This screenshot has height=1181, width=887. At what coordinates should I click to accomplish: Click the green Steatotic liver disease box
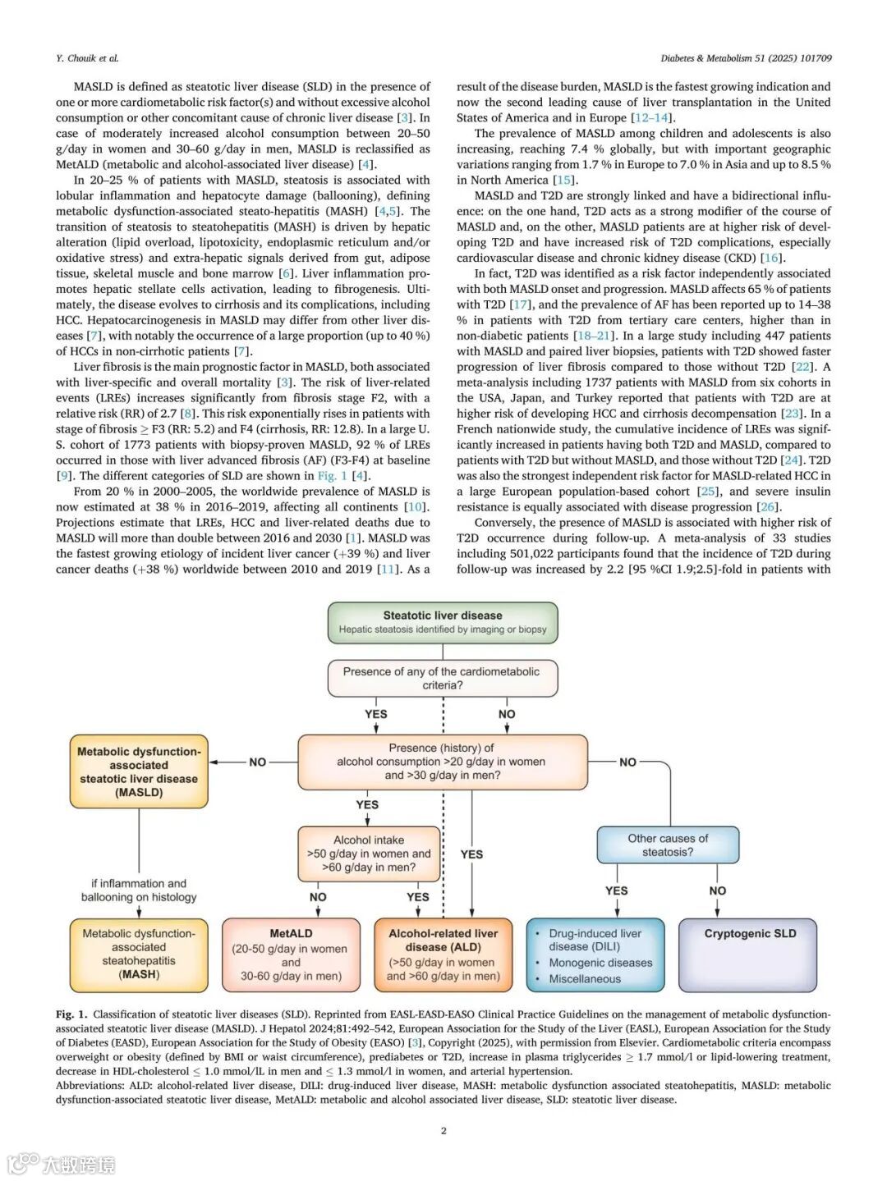click(x=443, y=622)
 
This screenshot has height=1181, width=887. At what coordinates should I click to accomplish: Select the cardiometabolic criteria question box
click(x=443, y=678)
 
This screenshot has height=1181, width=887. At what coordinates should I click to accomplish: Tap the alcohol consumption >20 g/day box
click(x=443, y=762)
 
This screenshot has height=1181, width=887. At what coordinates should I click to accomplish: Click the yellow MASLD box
click(x=139, y=771)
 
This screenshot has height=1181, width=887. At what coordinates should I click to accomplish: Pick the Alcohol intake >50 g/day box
click(x=369, y=854)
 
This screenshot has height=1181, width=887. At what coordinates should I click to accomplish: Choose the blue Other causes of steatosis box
click(x=668, y=845)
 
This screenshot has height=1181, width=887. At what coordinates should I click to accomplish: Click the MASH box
click(x=139, y=954)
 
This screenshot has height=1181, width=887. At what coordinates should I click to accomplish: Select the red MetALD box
click(x=291, y=954)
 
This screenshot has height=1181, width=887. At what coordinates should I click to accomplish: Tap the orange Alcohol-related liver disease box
click(x=443, y=954)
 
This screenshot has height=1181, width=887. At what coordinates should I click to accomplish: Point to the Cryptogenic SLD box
click(x=750, y=954)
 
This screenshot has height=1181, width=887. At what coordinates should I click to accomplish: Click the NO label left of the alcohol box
click(x=258, y=762)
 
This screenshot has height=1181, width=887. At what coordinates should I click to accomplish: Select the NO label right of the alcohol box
click(x=628, y=762)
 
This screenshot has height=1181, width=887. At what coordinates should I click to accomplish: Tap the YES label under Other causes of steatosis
click(x=616, y=890)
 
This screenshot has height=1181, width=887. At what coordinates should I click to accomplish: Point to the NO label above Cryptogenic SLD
click(x=718, y=890)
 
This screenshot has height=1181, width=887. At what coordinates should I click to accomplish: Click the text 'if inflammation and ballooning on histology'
click(x=139, y=890)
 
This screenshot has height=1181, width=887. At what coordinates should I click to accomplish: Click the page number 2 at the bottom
click(x=443, y=1131)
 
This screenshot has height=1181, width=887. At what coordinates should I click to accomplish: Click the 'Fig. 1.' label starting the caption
click(x=71, y=1014)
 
